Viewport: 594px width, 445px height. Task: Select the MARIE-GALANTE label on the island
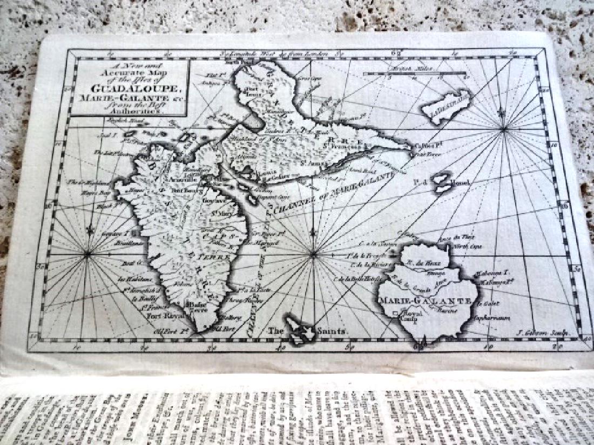(x=427, y=300)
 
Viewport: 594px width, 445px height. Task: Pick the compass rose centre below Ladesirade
(x=503, y=129)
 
